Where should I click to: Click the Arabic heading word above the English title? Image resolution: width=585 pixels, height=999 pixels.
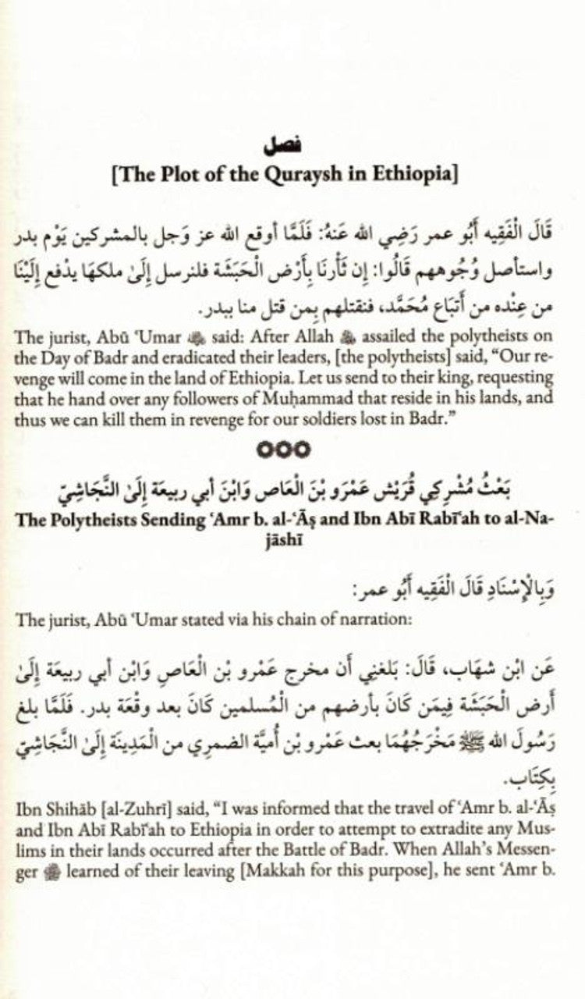292,145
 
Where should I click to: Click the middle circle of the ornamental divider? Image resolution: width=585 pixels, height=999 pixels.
292,450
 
